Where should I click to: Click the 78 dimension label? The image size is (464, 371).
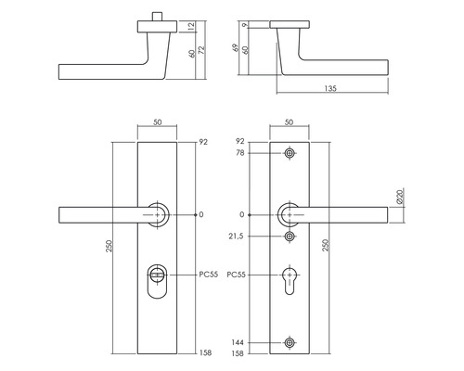pos(240,152)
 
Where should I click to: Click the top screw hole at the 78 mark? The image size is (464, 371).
pos(291,152)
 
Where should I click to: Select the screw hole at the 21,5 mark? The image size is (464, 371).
pos(291,237)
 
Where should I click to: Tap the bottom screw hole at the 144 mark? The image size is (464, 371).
pos(291,343)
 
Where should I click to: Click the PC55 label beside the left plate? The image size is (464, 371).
pos(208,275)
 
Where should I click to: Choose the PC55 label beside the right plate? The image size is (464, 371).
pos(238,275)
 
